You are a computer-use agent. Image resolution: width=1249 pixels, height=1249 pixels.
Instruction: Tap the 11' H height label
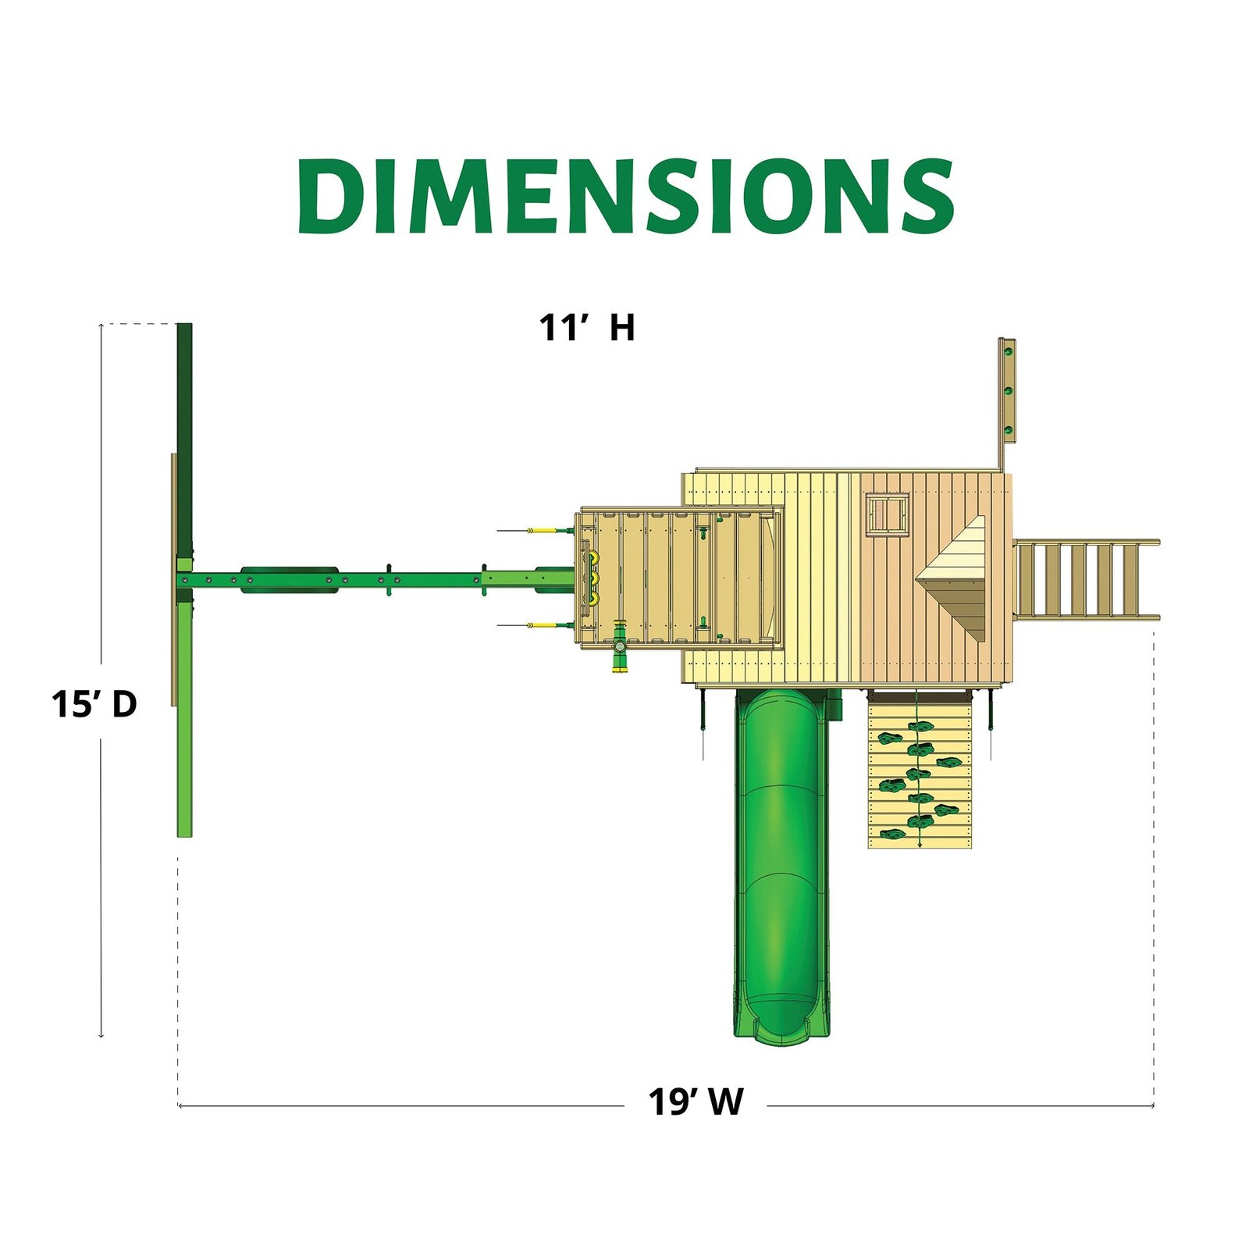[x=587, y=327]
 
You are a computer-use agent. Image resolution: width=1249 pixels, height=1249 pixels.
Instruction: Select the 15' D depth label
[x=94, y=703]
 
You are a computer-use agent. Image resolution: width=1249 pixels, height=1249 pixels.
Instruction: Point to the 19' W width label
[x=696, y=1101]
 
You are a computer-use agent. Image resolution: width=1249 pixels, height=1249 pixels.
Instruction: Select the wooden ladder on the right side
[x=1086, y=580]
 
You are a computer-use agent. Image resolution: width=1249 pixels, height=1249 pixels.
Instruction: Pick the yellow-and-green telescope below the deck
[x=620, y=646]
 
